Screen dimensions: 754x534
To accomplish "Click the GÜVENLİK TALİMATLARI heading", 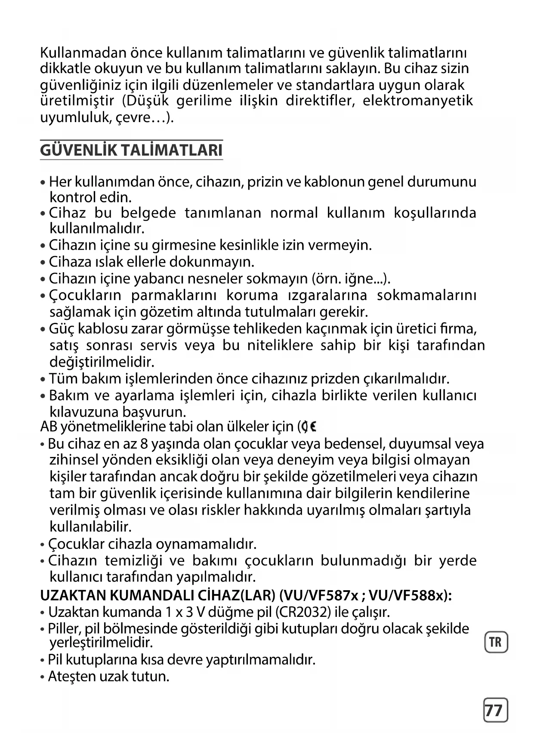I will pos(131,150).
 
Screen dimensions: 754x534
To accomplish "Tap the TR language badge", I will pos(496,642).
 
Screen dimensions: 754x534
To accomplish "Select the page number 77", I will pos(495,710).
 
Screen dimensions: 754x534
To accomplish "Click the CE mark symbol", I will pos(309,427).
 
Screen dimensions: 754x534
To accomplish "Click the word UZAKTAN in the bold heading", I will pos(73,596).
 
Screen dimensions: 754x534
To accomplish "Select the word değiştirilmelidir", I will pos(102,362).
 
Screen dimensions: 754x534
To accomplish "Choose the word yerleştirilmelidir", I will pos(102,643).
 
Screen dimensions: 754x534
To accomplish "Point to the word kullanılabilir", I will pos(90,527).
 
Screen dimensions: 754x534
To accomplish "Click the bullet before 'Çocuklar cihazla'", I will pos(43,545).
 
